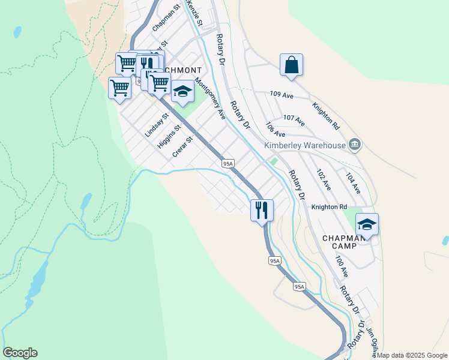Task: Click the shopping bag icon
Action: point(291,65)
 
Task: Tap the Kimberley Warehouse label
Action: point(305,145)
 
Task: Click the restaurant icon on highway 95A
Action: point(262,210)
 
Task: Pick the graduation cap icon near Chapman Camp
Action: point(367,224)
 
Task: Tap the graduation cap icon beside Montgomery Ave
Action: point(182,91)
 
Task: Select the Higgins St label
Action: point(169,137)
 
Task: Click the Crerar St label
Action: point(182,147)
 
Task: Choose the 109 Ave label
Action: point(282,95)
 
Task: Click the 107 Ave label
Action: point(294,120)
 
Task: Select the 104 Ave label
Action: point(352,183)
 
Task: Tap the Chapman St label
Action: point(166,19)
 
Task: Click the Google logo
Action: point(20,353)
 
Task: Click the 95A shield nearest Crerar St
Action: point(228,163)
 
